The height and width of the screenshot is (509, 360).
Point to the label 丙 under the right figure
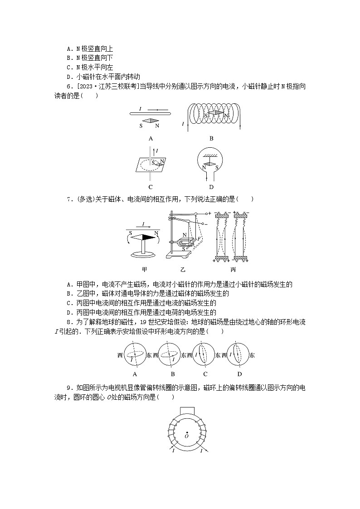(233, 269)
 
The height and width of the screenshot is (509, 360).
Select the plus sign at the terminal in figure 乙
(210, 213)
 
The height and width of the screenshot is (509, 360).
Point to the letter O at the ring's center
(186, 436)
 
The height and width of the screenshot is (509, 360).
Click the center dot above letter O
(186, 431)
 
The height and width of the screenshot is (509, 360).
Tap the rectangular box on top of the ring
(186, 411)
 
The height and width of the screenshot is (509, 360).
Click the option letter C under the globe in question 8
(205, 374)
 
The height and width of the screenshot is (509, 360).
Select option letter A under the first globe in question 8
(135, 374)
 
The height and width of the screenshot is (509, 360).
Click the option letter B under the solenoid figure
(211, 139)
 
